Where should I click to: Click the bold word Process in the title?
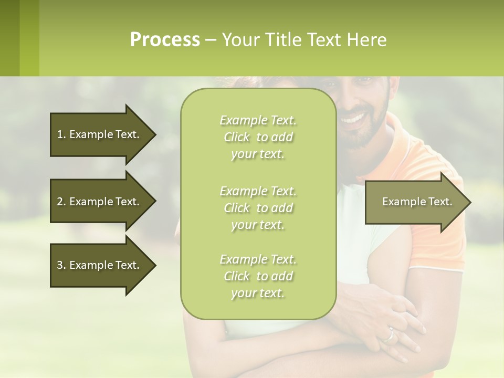coord(165,40)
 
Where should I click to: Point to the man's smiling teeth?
coord(354,118)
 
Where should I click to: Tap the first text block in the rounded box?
coord(258,137)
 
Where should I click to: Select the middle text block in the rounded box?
coord(258,208)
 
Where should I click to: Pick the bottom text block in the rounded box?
coord(258,276)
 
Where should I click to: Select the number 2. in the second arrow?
coord(61,202)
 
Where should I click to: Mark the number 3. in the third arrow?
coord(61,265)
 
